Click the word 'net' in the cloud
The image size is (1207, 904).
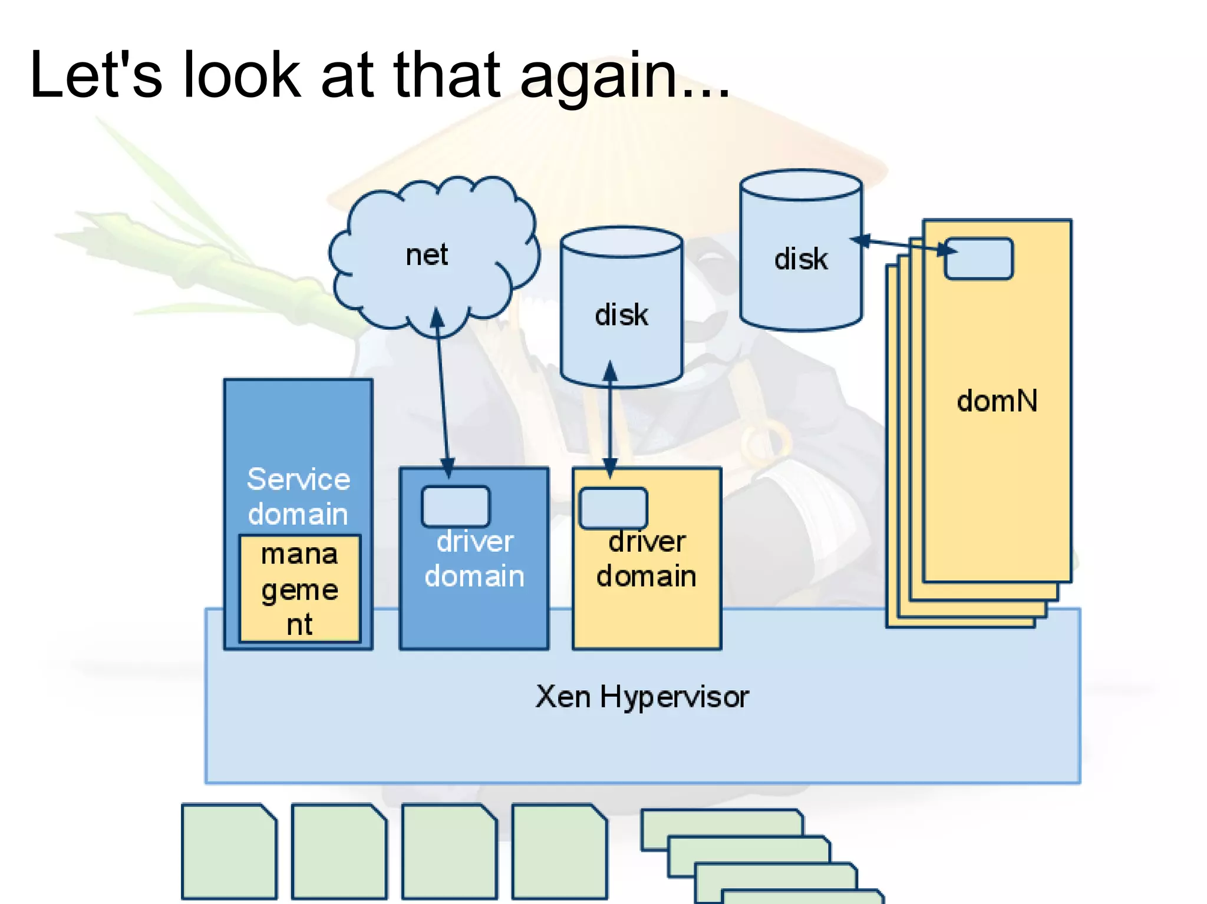427,255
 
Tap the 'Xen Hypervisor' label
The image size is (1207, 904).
642,697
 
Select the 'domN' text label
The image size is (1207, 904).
997,401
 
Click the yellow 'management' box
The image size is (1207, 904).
299,588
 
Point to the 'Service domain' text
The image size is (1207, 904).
298,496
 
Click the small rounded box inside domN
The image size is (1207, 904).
979,259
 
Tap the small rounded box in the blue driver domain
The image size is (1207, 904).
456,506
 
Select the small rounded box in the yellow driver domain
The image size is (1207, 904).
614,508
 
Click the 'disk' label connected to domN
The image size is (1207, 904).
800,259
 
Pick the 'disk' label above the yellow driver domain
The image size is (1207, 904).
621,315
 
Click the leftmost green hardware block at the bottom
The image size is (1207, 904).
229,851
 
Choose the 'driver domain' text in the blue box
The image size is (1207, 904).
474,558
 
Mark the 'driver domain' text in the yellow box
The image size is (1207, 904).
647,558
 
